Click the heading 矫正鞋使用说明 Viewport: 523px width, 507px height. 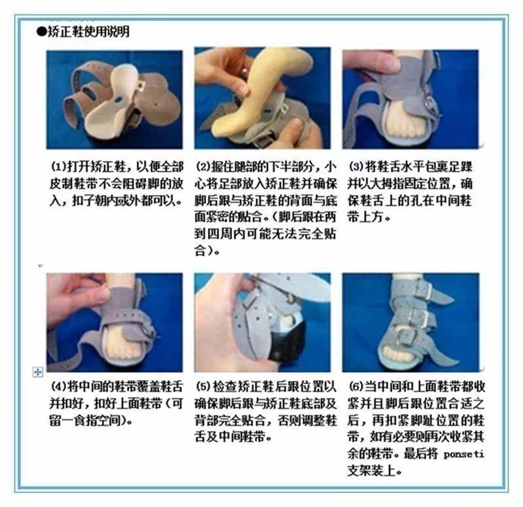click(88, 31)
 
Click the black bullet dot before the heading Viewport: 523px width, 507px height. click(41, 31)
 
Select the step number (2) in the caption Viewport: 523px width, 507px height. click(203, 166)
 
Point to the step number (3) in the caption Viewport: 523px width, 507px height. click(355, 166)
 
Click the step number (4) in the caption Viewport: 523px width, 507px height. click(58, 387)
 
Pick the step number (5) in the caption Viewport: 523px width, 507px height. click(203, 387)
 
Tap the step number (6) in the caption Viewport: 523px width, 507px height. click(355, 387)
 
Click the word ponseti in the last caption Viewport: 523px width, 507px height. click(464, 455)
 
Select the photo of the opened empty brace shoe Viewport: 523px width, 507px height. click(114, 99)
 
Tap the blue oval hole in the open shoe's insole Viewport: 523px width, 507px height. click(118, 99)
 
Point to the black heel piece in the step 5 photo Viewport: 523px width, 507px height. click(288, 340)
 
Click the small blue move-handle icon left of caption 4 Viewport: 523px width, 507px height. click(38, 372)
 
